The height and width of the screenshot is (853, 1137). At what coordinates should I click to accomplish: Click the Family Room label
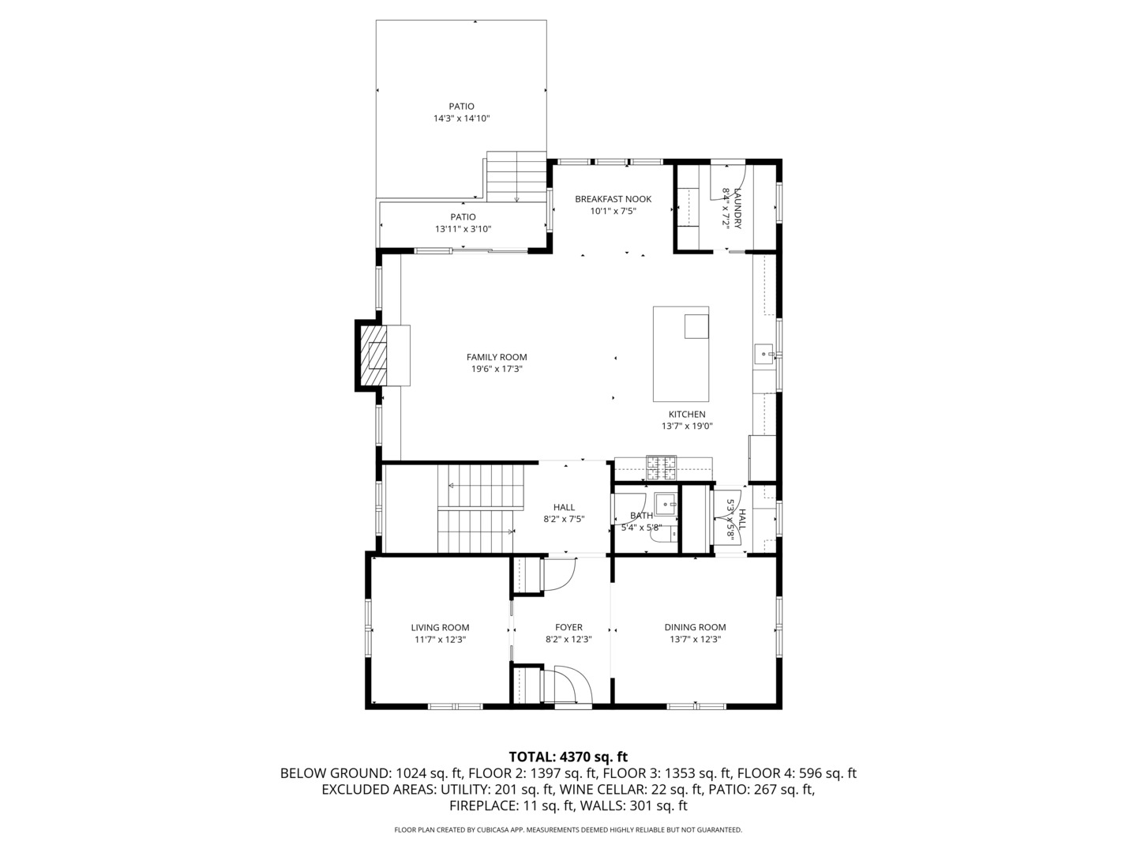coord(496,357)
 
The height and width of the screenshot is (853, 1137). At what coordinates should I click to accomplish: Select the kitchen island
coord(680,355)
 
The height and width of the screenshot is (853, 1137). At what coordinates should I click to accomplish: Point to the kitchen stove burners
coord(662,468)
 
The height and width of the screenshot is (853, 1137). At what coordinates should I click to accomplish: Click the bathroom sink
coord(666,502)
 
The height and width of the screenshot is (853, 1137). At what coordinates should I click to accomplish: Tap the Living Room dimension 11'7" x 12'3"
coord(440,640)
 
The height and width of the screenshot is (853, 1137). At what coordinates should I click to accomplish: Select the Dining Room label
coord(695,627)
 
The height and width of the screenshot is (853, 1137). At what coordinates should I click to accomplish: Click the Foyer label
coord(568,627)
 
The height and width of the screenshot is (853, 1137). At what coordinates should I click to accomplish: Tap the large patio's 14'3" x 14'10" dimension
coord(462,118)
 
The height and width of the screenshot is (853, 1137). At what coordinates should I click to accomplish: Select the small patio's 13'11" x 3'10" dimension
coord(463,229)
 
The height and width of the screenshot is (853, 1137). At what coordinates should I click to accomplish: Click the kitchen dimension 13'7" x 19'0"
coord(687,426)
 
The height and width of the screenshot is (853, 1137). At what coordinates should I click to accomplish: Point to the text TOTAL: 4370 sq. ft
coord(568,757)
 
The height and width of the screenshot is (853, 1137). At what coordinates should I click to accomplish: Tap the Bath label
coord(641,515)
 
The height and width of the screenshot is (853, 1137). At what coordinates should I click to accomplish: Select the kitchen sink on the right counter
coord(764,353)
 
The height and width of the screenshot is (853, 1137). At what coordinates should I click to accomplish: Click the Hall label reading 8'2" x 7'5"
coord(564,507)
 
